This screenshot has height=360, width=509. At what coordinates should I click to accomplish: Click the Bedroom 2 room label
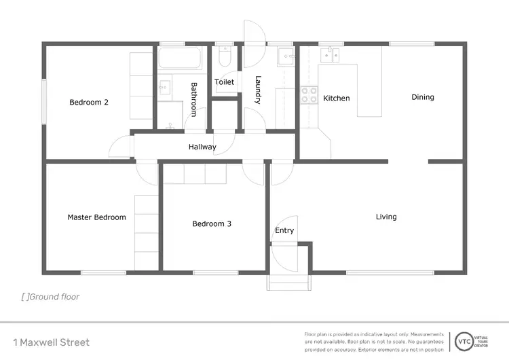(x=89, y=103)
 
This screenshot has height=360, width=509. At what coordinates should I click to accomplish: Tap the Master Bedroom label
(x=96, y=217)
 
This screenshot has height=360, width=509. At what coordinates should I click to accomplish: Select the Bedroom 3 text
(x=212, y=223)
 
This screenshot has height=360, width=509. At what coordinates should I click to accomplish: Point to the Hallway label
(x=202, y=147)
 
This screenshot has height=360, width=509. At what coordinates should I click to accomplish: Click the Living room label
(x=386, y=217)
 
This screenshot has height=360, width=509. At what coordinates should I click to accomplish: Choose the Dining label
(x=423, y=97)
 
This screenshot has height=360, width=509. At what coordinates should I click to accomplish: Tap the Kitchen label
(x=336, y=98)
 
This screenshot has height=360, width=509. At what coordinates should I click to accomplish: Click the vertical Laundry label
(x=258, y=90)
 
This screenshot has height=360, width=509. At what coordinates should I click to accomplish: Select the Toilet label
(x=224, y=82)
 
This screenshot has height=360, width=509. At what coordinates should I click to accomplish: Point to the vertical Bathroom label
(x=194, y=100)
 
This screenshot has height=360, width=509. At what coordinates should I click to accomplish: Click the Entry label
(x=284, y=230)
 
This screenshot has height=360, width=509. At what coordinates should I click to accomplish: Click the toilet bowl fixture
(x=226, y=58)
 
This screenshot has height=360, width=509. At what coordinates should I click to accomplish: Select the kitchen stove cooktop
(x=309, y=95)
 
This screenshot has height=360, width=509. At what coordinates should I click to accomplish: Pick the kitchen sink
(x=332, y=54)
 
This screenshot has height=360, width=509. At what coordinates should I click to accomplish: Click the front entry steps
(x=288, y=282)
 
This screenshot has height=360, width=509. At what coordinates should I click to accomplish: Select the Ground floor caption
(x=51, y=297)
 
